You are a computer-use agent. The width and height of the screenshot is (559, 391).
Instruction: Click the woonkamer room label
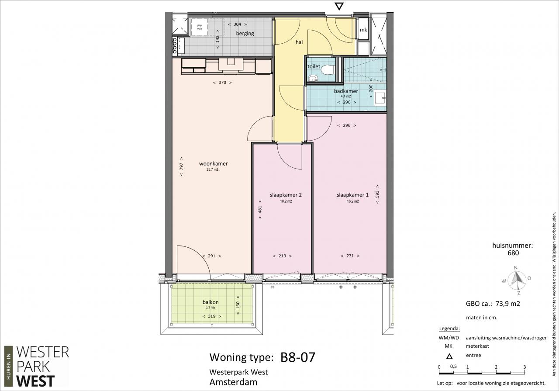[214, 163]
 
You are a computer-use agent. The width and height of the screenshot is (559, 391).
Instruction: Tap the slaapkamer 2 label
[286, 195]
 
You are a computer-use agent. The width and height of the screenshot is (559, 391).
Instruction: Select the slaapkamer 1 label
[352, 195]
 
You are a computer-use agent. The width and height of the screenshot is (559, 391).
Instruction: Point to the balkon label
[210, 302]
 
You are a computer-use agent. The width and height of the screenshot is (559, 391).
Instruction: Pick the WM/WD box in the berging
[200, 27]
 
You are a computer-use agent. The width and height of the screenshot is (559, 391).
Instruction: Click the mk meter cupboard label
[363, 30]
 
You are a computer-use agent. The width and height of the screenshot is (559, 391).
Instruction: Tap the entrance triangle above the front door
[339, 7]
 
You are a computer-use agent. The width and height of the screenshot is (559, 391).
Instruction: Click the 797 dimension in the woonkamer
[181, 166]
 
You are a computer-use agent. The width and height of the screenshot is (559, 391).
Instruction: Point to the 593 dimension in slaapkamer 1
[377, 194]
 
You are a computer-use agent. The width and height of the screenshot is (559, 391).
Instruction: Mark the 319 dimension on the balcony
[212, 316]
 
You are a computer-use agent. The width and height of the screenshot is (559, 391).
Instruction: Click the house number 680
[513, 253]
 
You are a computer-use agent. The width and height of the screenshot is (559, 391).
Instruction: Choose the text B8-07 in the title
[298, 357]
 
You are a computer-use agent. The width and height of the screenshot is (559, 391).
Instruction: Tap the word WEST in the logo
[35, 381]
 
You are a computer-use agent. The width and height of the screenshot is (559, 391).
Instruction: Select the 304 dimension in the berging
[237, 24]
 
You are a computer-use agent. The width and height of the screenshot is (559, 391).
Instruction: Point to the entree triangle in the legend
[449, 356]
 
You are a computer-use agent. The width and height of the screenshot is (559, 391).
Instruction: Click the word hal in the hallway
[299, 42]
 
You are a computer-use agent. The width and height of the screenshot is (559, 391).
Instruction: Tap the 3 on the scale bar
[524, 367]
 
